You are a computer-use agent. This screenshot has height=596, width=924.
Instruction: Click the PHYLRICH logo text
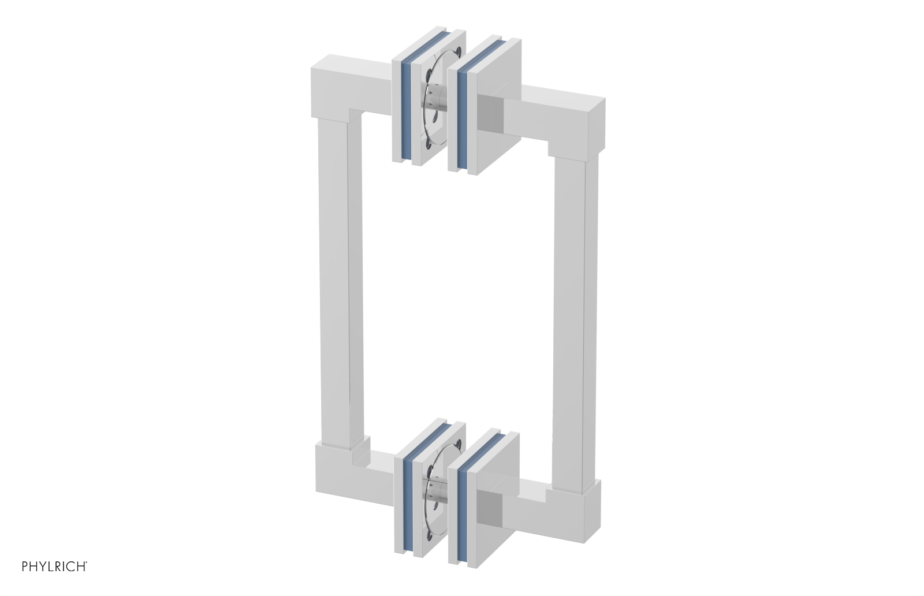(x=54, y=567)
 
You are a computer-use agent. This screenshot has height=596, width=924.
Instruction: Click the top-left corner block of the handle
(x=335, y=87)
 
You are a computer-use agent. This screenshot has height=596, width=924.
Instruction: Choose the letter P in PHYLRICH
(x=25, y=567)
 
